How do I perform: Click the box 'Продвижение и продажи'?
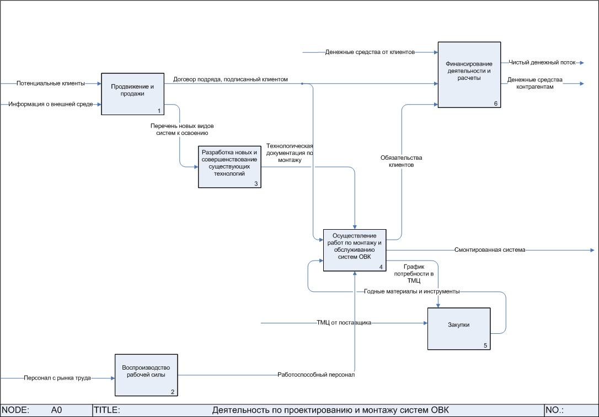pos(132,94)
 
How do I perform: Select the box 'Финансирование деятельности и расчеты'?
pos(469,74)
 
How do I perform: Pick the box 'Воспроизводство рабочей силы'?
pos(146,375)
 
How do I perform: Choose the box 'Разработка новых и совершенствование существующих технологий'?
pos(229,167)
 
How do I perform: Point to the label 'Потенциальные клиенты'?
pos(51,84)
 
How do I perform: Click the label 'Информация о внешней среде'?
pos(50,104)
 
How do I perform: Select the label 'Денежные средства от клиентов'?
pos(370,52)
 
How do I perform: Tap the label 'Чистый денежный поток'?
pos(542,63)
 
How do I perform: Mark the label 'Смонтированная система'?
pos(490,250)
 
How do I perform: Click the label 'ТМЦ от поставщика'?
pos(344,323)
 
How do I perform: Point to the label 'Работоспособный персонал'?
pos(316,375)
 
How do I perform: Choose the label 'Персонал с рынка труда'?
pos(57,378)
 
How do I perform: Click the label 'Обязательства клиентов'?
pos(402,161)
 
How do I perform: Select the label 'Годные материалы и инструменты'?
pos(412,291)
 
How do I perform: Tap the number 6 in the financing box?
pos(495,103)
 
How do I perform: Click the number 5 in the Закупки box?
pos(485,345)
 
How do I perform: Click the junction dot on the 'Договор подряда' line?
pos(302,84)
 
